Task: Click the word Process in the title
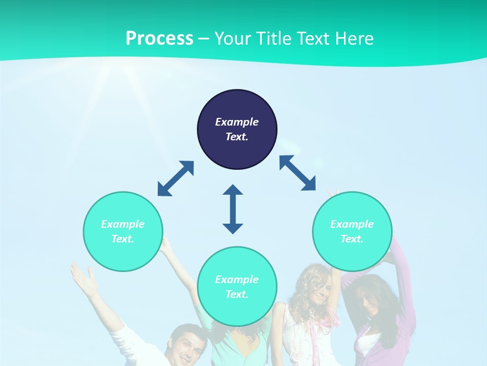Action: coord(159,39)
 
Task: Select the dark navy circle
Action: coord(237,130)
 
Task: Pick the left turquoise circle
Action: coord(123,231)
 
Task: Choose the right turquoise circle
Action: coord(352,231)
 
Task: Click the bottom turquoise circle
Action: coord(237,287)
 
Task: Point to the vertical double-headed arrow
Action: coord(233,209)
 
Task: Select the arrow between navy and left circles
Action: coord(176,178)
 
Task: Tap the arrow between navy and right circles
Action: coord(297,173)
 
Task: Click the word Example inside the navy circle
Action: coord(237,122)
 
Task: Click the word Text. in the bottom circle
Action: coord(237,294)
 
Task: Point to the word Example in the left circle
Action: coord(123,224)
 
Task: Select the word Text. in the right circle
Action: coord(352,239)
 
